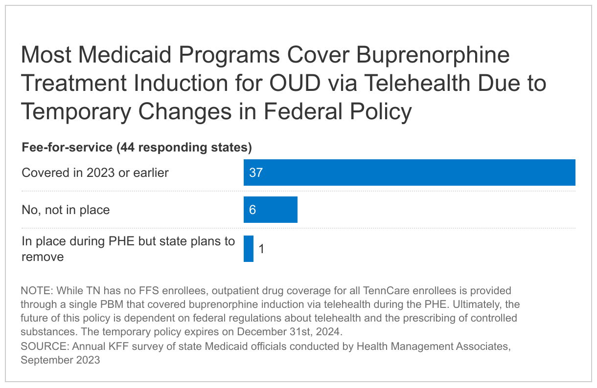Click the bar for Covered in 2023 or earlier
[409, 172]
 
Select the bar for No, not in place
[270, 210]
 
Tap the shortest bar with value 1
[249, 249]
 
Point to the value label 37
[256, 173]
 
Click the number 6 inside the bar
[253, 210]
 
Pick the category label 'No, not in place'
[66, 210]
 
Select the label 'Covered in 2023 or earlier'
[95, 173]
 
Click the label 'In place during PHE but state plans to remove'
[128, 249]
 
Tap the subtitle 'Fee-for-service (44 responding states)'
[137, 147]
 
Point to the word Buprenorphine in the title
[433, 55]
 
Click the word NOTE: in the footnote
[37, 291]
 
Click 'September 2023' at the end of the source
[60, 360]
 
